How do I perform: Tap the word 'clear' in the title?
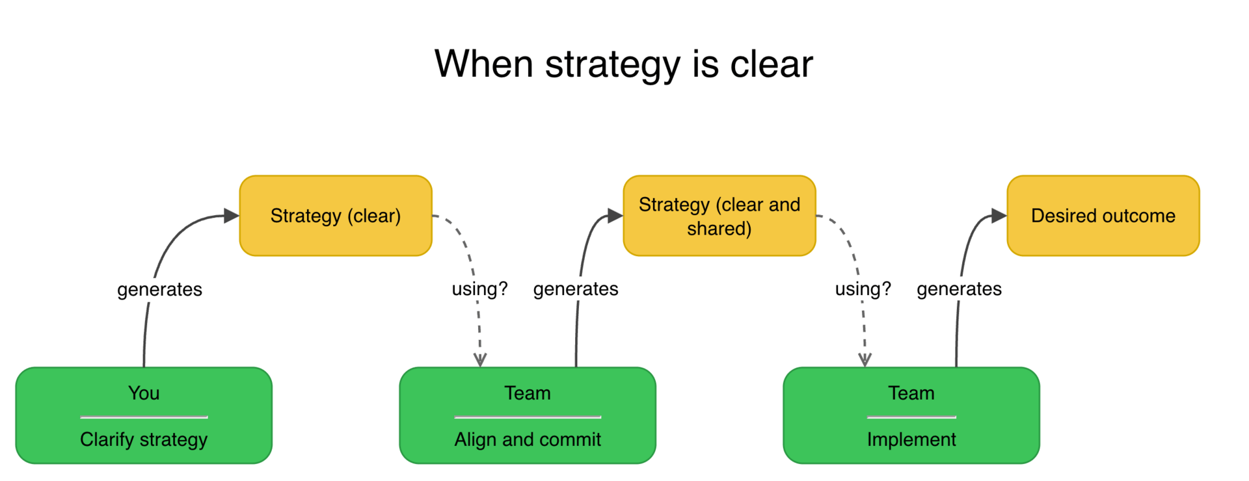click(x=772, y=64)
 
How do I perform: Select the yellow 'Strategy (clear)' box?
click(x=336, y=216)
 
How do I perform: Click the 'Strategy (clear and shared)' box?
click(x=719, y=216)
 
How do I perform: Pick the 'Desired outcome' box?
click(x=1103, y=216)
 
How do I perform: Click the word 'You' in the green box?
click(x=144, y=393)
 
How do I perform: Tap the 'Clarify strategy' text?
click(x=144, y=439)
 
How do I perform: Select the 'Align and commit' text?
click(x=528, y=439)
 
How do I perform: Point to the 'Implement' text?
click(x=911, y=439)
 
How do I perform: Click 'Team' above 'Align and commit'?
click(x=528, y=393)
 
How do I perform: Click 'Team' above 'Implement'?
click(x=911, y=393)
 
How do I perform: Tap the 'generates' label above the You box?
click(x=159, y=289)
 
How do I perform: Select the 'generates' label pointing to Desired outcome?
click(x=959, y=289)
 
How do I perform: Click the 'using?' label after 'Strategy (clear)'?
click(x=479, y=289)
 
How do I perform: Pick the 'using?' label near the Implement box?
click(x=863, y=289)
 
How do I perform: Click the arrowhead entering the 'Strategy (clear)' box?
click(x=232, y=216)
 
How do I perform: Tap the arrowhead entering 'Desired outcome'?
click(x=999, y=216)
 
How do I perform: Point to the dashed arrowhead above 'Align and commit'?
click(x=480, y=359)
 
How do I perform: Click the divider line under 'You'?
click(x=144, y=417)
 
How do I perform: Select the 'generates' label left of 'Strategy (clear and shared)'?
click(x=576, y=289)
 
